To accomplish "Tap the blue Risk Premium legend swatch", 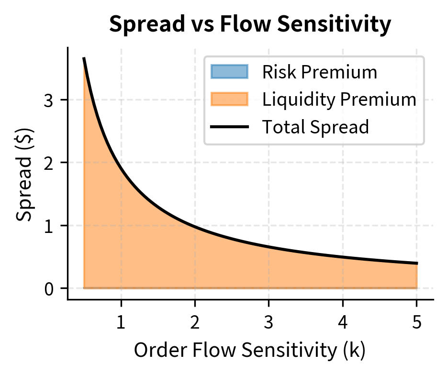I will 229,72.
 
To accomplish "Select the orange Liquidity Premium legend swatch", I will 229,99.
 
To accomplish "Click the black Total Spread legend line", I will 229,127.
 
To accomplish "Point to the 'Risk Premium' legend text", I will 320,72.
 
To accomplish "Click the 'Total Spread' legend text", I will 315,127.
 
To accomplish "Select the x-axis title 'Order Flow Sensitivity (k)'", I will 250,351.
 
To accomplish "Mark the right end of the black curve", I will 417,263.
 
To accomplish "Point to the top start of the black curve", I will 84,58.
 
